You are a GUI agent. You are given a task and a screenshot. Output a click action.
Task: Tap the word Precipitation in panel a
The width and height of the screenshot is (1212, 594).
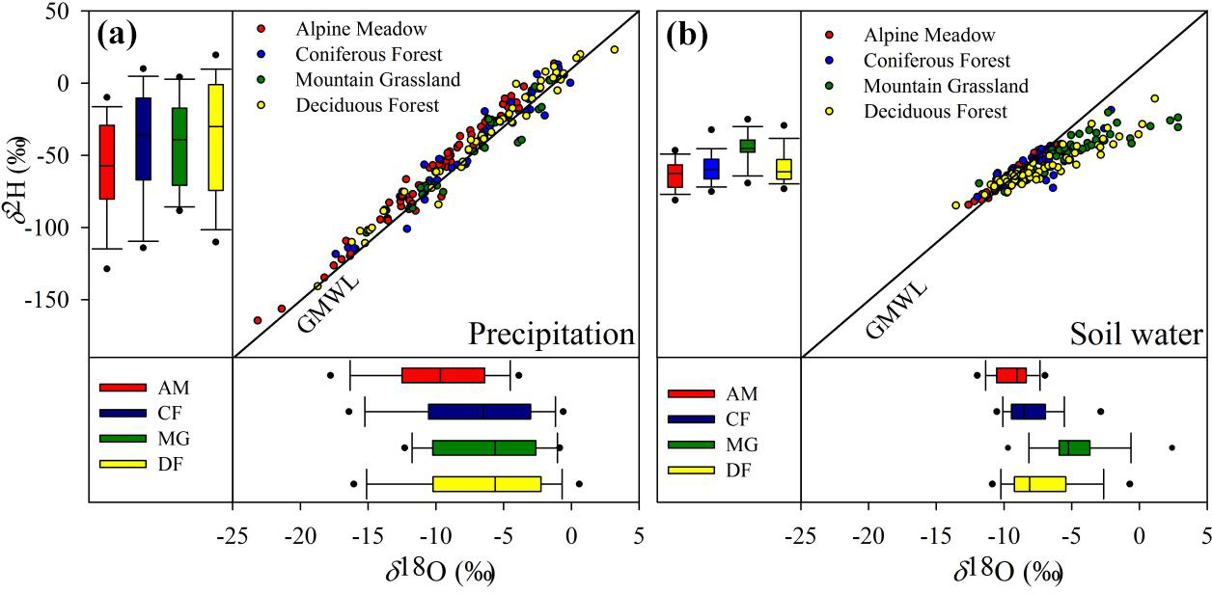pos(551,334)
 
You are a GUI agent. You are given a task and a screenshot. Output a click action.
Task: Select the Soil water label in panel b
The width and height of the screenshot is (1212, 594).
pos(1136,334)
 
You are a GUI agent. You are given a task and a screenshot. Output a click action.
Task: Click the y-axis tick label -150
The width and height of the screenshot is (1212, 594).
pos(66,300)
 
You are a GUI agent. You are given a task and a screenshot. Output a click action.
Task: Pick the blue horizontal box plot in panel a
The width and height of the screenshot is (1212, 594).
pos(480,412)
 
